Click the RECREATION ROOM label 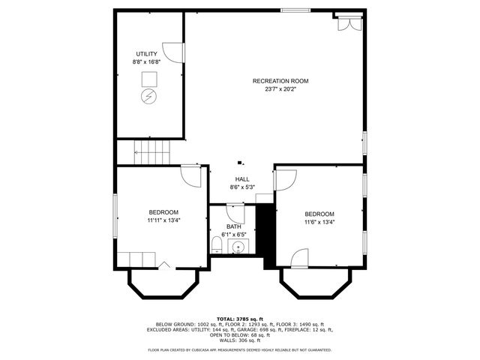coord(280,81)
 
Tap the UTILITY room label coord(145,53)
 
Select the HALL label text coord(241,178)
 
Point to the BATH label coord(234,226)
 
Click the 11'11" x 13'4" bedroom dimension coord(163,220)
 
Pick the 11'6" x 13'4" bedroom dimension coord(319,222)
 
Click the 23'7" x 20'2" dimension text coord(280,89)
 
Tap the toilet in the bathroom coord(216,244)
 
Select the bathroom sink coord(238,245)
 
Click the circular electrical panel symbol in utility coord(148,97)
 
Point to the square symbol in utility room coord(148,78)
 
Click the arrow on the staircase coord(137,152)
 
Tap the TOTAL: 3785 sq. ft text coord(240,319)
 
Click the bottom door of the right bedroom coord(299,259)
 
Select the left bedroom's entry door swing coord(192,177)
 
